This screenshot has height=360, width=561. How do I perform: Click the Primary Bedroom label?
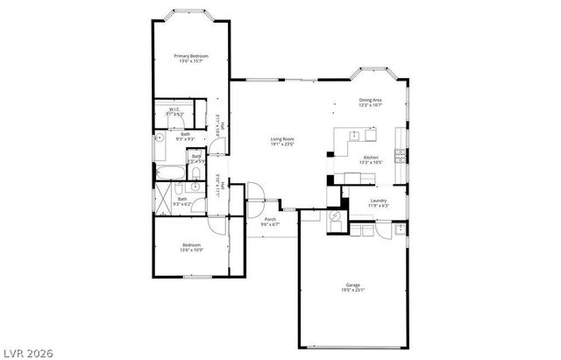[x=191, y=56]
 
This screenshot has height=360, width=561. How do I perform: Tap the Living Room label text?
[x=281, y=138]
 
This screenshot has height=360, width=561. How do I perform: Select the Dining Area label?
[x=370, y=100]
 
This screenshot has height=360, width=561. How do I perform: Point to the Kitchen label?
[x=370, y=158]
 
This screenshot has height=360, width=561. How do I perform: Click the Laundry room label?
[x=379, y=201]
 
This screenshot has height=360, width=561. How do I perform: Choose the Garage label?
[x=352, y=285]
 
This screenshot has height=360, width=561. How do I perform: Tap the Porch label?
[x=270, y=219]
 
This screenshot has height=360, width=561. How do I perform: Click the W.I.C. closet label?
[x=175, y=109]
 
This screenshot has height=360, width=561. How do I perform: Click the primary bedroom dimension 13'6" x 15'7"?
[x=191, y=61]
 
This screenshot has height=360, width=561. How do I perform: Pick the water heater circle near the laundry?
[x=335, y=218]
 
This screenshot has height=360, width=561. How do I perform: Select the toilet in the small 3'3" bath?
[x=196, y=171]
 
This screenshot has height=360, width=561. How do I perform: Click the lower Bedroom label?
[x=191, y=244]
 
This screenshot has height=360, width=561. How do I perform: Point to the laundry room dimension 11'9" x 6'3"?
[x=379, y=206]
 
